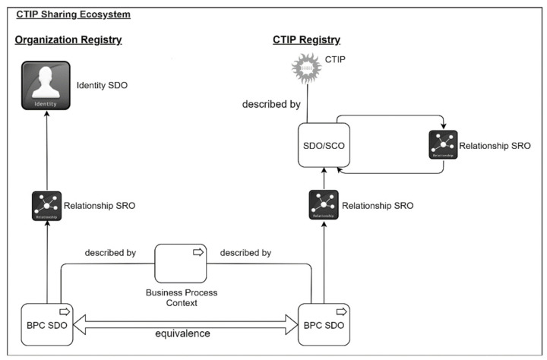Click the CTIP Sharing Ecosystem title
pos(73,14)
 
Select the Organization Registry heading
pos(68,40)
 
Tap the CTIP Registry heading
pos(307,40)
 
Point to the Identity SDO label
pos(102,86)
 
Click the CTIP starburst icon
pos(308,68)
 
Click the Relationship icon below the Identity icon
pos(46,206)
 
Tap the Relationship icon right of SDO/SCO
pos(443,145)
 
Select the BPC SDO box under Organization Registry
pos(46,325)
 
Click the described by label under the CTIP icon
pos(270,103)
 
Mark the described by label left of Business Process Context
pos(111,252)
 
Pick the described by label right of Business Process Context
pos(245,252)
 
